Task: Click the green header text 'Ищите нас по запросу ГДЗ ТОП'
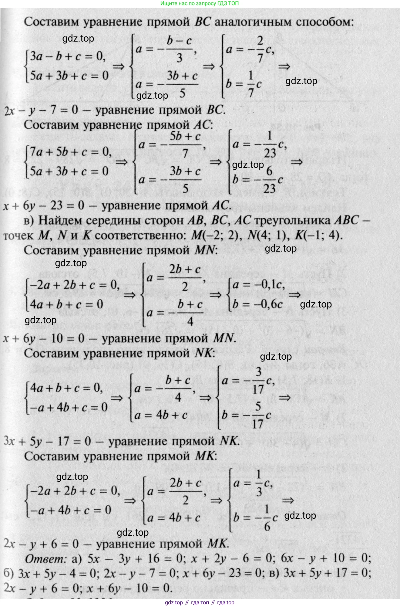click(200, 4)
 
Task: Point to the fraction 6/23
click(269, 180)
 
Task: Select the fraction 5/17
click(257, 415)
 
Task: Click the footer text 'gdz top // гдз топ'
click(187, 602)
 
